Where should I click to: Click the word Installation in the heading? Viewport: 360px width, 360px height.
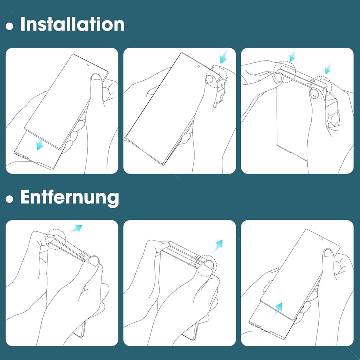click(x=72, y=24)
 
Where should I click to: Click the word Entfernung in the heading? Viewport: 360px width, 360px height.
click(x=70, y=197)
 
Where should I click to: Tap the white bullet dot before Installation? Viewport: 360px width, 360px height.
click(x=9, y=26)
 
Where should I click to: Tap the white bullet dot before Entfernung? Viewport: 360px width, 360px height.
click(x=9, y=199)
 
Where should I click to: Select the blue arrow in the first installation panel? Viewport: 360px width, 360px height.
click(x=40, y=143)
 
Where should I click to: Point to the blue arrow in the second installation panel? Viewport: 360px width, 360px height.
click(x=223, y=56)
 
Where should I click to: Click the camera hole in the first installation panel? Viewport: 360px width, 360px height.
click(x=88, y=65)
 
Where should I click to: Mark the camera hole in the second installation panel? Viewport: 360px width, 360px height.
click(x=199, y=67)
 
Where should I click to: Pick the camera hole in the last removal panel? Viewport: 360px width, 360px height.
click(x=322, y=239)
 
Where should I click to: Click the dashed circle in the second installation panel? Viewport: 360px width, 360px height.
click(x=216, y=78)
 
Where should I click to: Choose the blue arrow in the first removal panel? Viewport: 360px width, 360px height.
click(x=76, y=228)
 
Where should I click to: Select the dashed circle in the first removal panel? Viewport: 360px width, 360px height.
click(x=56, y=239)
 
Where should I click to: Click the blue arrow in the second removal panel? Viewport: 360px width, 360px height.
click(x=218, y=246)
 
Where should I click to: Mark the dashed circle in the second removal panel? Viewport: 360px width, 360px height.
click(x=206, y=265)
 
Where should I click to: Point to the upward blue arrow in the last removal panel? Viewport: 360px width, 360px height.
click(x=278, y=309)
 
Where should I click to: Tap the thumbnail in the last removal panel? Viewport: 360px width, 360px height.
click(x=329, y=253)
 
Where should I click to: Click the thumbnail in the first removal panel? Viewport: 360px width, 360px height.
click(x=93, y=261)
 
